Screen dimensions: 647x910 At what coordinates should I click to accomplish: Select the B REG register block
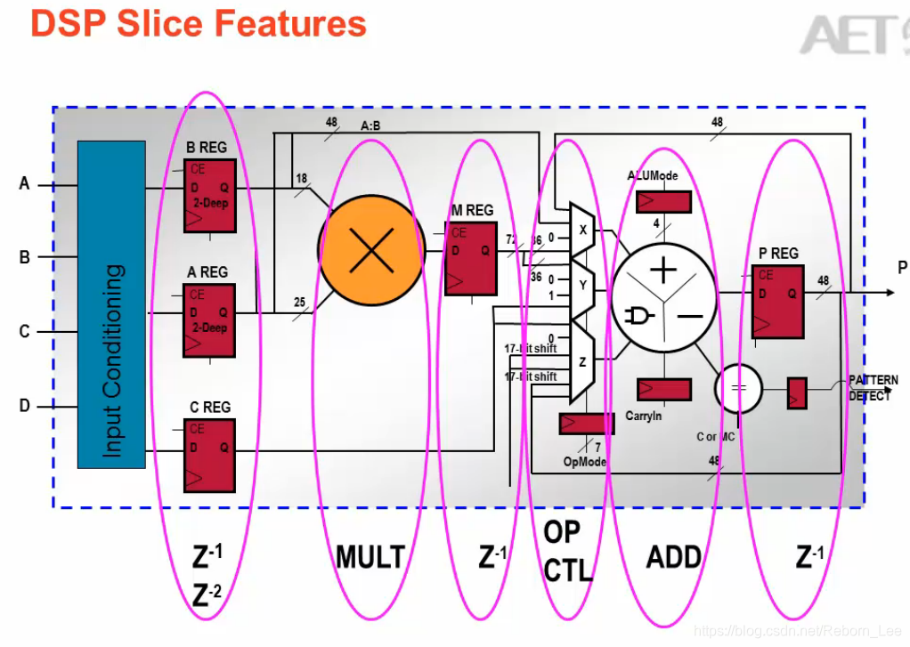tap(209, 196)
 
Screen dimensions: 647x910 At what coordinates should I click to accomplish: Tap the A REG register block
tap(209, 320)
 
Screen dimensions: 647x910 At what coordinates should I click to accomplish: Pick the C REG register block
tap(209, 455)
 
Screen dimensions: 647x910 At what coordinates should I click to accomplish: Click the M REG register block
tap(471, 258)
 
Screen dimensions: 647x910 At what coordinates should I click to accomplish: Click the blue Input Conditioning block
tap(111, 304)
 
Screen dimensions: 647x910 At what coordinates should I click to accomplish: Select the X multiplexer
tap(582, 230)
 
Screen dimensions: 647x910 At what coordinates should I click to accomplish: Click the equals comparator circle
tap(739, 388)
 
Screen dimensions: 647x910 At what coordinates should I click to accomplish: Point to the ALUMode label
tap(653, 175)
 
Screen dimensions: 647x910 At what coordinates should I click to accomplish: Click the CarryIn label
tap(644, 416)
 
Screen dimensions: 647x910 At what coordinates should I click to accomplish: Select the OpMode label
tap(584, 461)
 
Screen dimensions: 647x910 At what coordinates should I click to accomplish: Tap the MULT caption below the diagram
tap(370, 558)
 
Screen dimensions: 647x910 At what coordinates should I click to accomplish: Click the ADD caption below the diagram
tap(674, 558)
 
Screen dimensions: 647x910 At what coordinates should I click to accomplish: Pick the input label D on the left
tap(25, 406)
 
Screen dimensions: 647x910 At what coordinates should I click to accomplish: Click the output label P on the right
tap(902, 267)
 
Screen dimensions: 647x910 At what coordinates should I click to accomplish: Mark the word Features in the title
tap(294, 24)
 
